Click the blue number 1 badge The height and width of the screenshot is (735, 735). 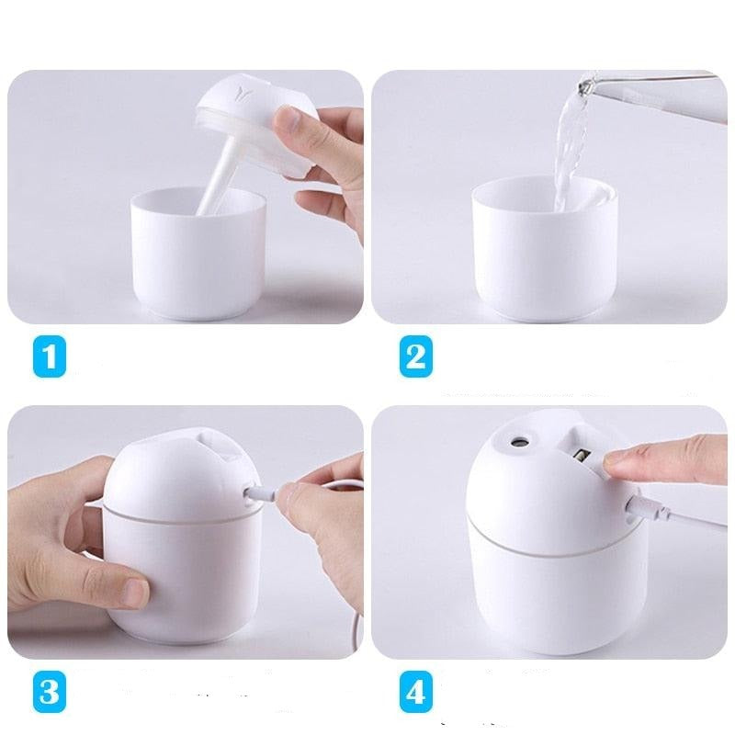[50, 356]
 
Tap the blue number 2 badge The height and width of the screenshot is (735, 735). [416, 356]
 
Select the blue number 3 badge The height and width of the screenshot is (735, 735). [50, 692]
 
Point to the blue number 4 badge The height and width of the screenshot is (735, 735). [416, 692]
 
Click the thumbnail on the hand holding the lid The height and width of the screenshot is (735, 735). [286, 119]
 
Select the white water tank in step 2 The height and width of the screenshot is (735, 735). [544, 248]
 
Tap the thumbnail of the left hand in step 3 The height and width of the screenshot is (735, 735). [136, 591]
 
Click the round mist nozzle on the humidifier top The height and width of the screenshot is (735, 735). [519, 441]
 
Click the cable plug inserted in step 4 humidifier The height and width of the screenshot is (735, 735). [650, 509]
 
